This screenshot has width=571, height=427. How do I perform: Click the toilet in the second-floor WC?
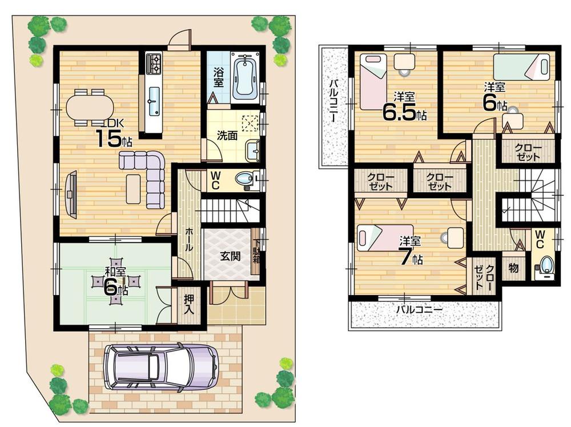pyautogui.click(x=546, y=266)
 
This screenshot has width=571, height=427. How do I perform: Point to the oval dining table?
pyautogui.click(x=90, y=107)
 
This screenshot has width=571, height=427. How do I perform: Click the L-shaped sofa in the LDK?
pyautogui.click(x=150, y=174)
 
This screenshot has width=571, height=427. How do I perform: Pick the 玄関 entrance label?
pyautogui.click(x=230, y=256)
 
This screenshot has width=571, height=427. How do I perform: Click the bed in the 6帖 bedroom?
pyautogui.click(x=521, y=67)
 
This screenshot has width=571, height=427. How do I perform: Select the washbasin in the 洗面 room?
pyautogui.click(x=252, y=151)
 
